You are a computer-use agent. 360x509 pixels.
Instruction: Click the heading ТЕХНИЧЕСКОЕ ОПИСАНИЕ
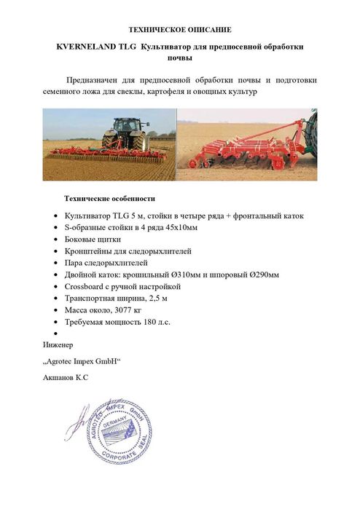pyautogui.click(x=179, y=30)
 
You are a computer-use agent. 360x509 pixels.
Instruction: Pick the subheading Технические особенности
pyautogui.click(x=109, y=199)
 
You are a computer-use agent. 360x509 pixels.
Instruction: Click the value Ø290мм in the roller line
pyautogui.click(x=265, y=274)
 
